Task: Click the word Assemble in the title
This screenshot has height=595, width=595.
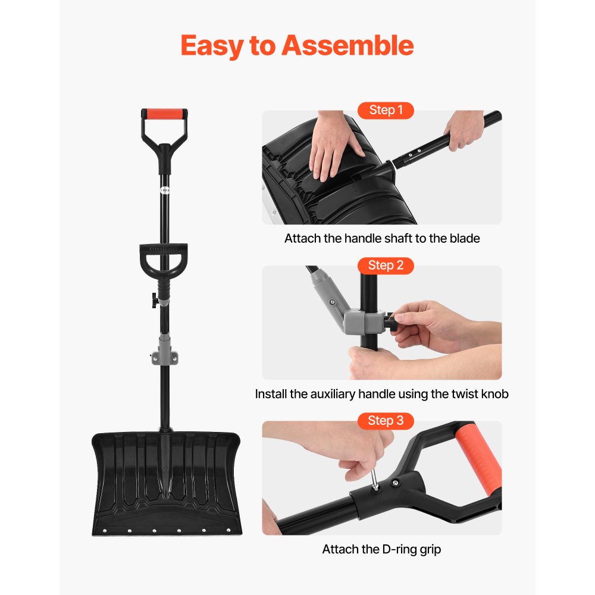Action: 347,45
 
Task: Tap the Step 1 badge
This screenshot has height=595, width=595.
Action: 386,110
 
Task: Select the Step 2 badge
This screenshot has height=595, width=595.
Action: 386,265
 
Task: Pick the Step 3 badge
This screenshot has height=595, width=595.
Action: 386,421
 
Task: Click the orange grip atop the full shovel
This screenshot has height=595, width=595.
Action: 164,114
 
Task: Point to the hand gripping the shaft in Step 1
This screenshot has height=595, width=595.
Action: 463,130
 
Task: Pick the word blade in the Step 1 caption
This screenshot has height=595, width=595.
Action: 465,239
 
